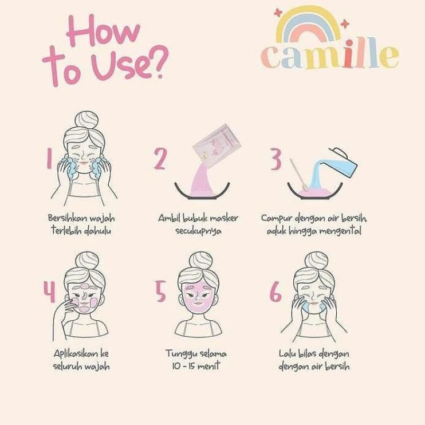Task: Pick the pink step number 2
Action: pyautogui.click(x=160, y=159)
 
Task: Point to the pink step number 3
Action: pyautogui.click(x=276, y=159)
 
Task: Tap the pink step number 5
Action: pyautogui.click(x=160, y=292)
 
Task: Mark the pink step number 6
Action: pyautogui.click(x=276, y=292)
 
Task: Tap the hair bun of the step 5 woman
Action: pyautogui.click(x=200, y=261)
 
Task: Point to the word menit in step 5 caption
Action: pyautogui.click(x=209, y=366)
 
